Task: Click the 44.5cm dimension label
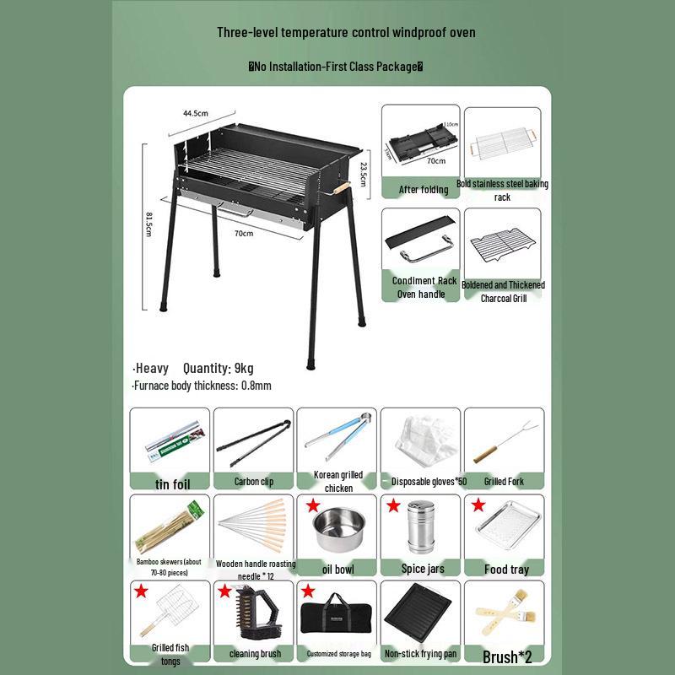click(196, 113)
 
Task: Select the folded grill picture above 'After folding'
click(420, 142)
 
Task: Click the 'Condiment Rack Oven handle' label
click(424, 288)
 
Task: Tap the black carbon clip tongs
click(253, 439)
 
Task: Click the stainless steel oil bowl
click(337, 530)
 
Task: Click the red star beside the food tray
click(478, 505)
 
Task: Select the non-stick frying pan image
click(421, 612)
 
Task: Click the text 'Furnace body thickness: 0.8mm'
click(202, 386)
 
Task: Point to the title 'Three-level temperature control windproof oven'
click(346, 33)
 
